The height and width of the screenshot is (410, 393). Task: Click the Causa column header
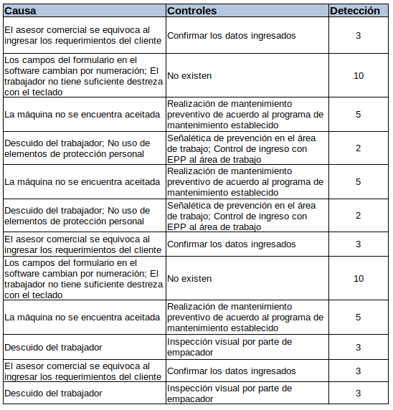pos(21,11)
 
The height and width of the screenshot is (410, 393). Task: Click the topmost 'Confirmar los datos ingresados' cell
pos(231,35)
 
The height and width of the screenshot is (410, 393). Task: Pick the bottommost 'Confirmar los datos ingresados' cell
pos(231,371)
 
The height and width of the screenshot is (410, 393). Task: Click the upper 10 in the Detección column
pos(359,75)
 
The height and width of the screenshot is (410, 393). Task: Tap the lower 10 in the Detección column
pos(359,278)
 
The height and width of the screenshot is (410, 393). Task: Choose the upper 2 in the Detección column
pos(359,148)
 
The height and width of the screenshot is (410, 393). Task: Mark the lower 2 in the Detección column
pos(359,216)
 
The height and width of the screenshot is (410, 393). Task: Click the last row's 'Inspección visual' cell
pos(229,394)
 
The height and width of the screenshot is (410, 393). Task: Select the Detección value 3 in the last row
pos(359,394)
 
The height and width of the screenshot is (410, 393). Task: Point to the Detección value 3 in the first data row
pos(359,35)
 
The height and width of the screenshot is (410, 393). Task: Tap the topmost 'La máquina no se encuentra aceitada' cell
pos(82,115)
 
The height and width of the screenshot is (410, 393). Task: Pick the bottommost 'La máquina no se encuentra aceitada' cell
pos(82,318)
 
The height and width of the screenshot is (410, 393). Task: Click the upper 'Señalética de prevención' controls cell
pos(237,148)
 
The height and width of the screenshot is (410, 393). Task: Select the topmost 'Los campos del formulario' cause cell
pos(83,75)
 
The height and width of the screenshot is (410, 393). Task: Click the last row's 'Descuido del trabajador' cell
pos(52,394)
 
